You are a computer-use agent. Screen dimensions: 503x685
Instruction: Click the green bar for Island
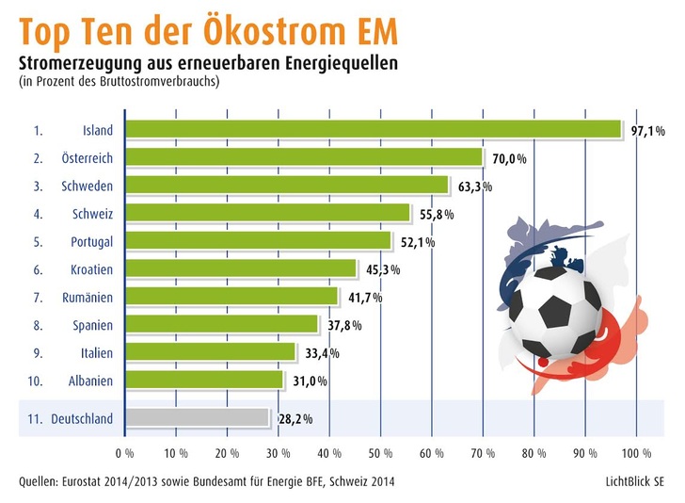coord(373,129)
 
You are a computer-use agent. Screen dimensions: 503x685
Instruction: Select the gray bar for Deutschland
coord(197,417)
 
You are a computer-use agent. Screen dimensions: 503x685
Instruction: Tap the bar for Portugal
coord(258,241)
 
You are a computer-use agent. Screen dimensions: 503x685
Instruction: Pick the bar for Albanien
coord(203,381)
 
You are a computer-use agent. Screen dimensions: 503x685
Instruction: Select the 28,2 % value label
coord(295,418)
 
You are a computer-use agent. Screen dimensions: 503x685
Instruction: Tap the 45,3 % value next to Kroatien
coord(382,270)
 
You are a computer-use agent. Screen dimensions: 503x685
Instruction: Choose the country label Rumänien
coord(87,298)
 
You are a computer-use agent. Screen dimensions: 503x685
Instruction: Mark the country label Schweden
coord(88,186)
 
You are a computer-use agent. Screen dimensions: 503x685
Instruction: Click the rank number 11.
coord(35,418)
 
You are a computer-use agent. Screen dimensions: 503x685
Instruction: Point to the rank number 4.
coord(37,214)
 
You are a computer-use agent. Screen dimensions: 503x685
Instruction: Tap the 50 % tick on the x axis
coord(380,452)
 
